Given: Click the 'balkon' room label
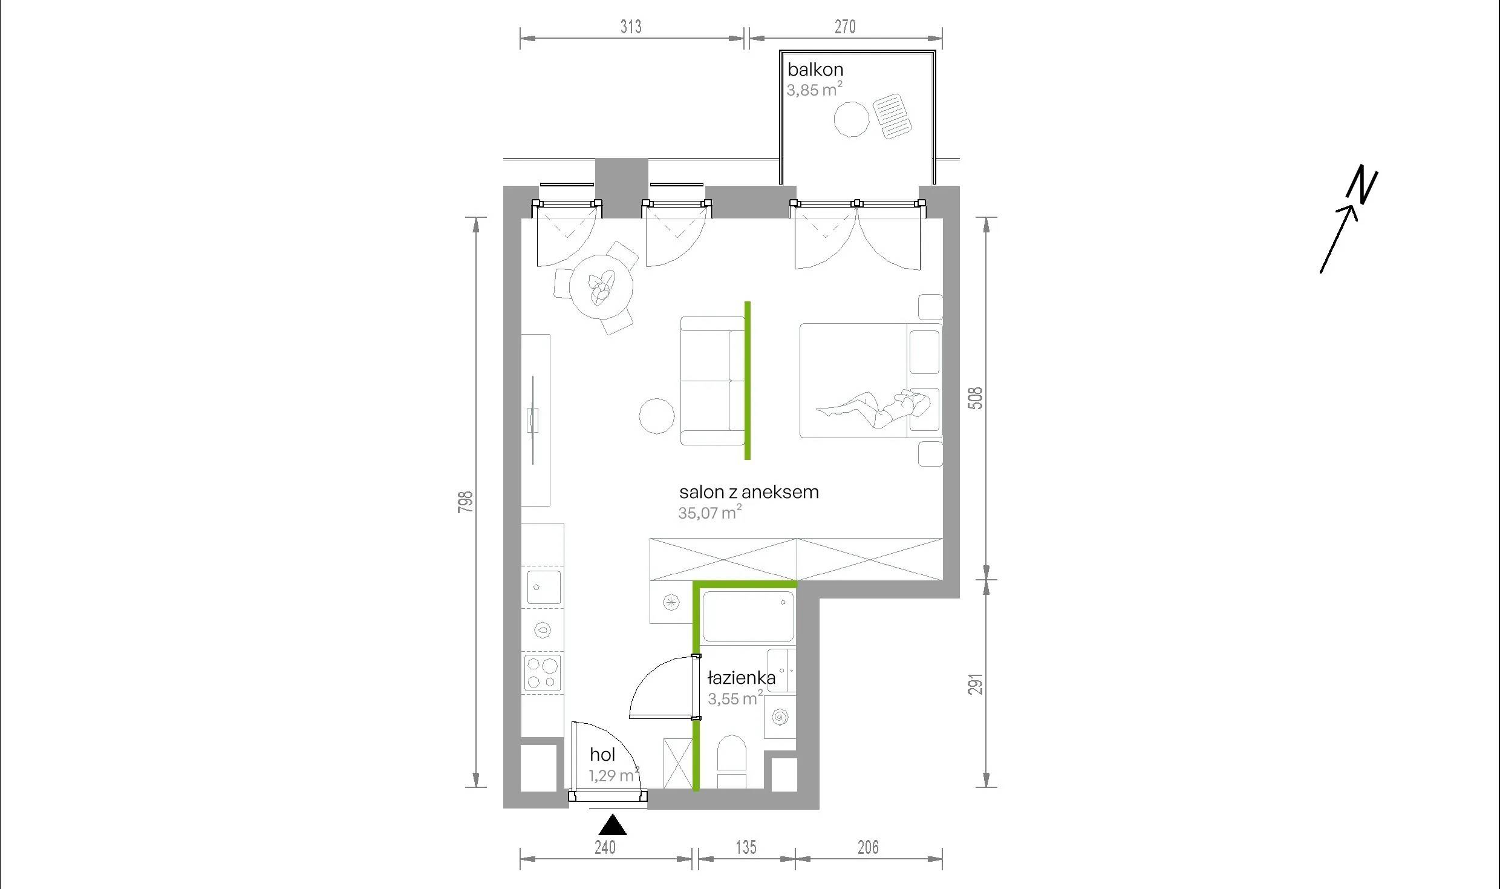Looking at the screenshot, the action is click(815, 70).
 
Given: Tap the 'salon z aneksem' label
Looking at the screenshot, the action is click(749, 492).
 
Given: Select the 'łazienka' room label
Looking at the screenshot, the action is click(742, 678).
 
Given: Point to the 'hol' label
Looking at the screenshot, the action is click(602, 755).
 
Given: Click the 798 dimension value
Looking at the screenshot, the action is click(465, 502).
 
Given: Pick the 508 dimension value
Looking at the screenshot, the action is click(976, 398).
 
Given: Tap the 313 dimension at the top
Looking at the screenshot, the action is click(630, 27).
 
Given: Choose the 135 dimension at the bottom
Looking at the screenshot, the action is click(746, 847).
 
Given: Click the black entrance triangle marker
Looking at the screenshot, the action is click(613, 825).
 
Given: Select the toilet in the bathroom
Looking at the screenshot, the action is click(732, 761).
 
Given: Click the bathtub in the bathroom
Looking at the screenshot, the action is click(748, 617).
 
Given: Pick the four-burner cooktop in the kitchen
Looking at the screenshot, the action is click(543, 673).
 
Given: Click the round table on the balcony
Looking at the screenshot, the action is click(852, 119).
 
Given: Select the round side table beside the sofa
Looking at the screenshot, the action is click(657, 416).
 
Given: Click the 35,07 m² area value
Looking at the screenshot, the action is click(710, 513).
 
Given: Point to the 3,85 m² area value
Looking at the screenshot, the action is click(815, 90).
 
